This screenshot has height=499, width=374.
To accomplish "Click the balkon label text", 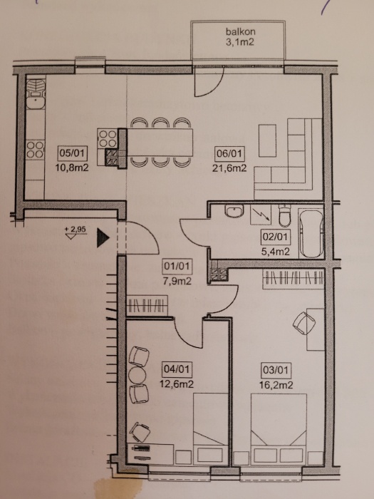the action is (x=241, y=31).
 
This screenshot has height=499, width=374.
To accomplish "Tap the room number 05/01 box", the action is (x=73, y=153).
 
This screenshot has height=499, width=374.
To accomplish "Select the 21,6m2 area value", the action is (x=229, y=168).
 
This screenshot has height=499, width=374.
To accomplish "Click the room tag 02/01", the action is (x=276, y=237).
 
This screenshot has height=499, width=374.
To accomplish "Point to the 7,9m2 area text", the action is (x=177, y=281).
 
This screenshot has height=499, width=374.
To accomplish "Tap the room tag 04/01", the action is (x=177, y=369).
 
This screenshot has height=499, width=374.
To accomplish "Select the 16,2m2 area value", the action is (x=276, y=385).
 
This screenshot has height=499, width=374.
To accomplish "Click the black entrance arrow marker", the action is (x=103, y=237).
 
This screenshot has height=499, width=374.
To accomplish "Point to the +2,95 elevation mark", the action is (x=76, y=232).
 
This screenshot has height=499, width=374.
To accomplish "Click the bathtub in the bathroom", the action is (x=311, y=233).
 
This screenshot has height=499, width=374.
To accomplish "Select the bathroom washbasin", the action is (x=234, y=211).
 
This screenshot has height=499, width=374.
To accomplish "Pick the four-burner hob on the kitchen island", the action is (x=108, y=138).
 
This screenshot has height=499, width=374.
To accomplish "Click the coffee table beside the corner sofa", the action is (x=267, y=140).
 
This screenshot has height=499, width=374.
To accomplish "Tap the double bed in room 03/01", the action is (x=279, y=428).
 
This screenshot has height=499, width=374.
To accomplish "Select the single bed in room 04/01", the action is (x=211, y=428).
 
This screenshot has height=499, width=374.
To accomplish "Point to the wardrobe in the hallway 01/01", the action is (x=147, y=306).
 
